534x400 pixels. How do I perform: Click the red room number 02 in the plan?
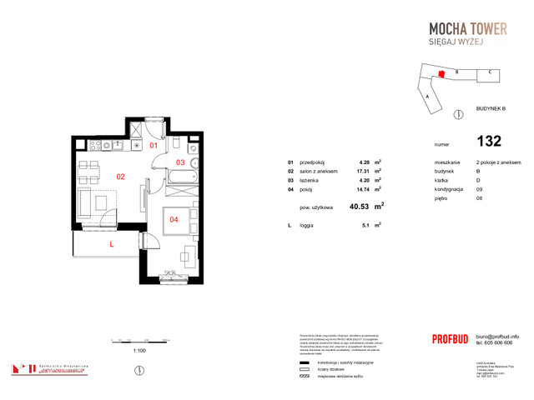tap(120, 176)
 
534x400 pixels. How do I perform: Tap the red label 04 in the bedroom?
tap(174, 220)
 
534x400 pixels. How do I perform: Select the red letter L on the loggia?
tap(111, 243)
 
